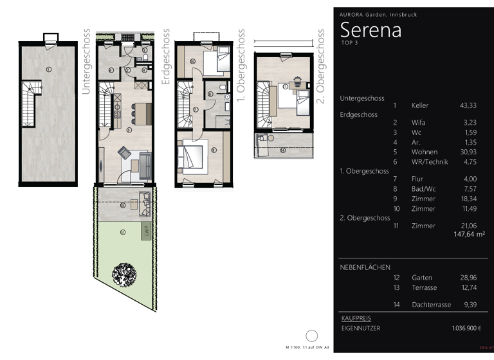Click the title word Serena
coord(370,30)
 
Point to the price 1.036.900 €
coord(466,328)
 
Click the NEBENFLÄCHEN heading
coord(365,267)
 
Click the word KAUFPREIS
coord(355,318)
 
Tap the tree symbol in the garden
coord(123,274)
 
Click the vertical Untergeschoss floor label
coord(86,61)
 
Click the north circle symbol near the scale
coord(312,336)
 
